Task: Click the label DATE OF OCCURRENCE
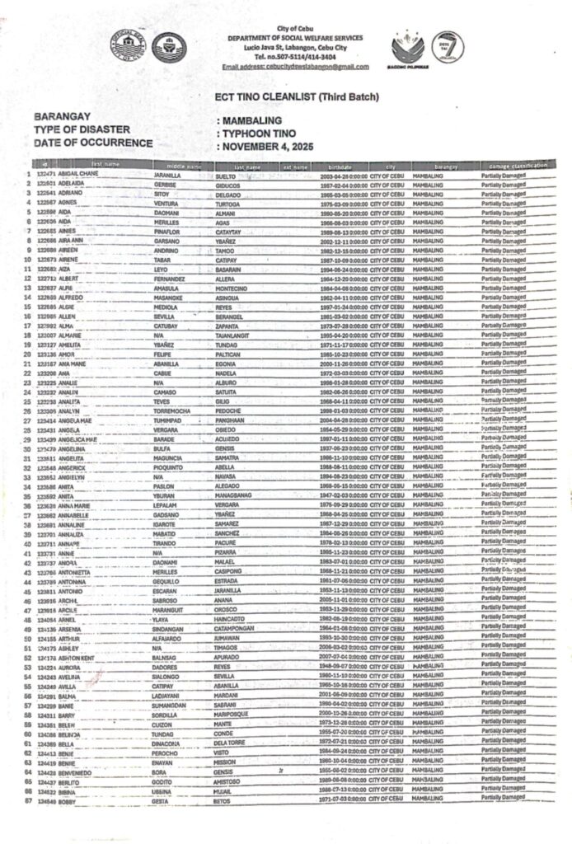pyautogui.click(x=93, y=143)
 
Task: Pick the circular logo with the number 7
pyautogui.click(x=450, y=47)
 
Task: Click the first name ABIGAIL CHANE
pyautogui.click(x=80, y=176)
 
